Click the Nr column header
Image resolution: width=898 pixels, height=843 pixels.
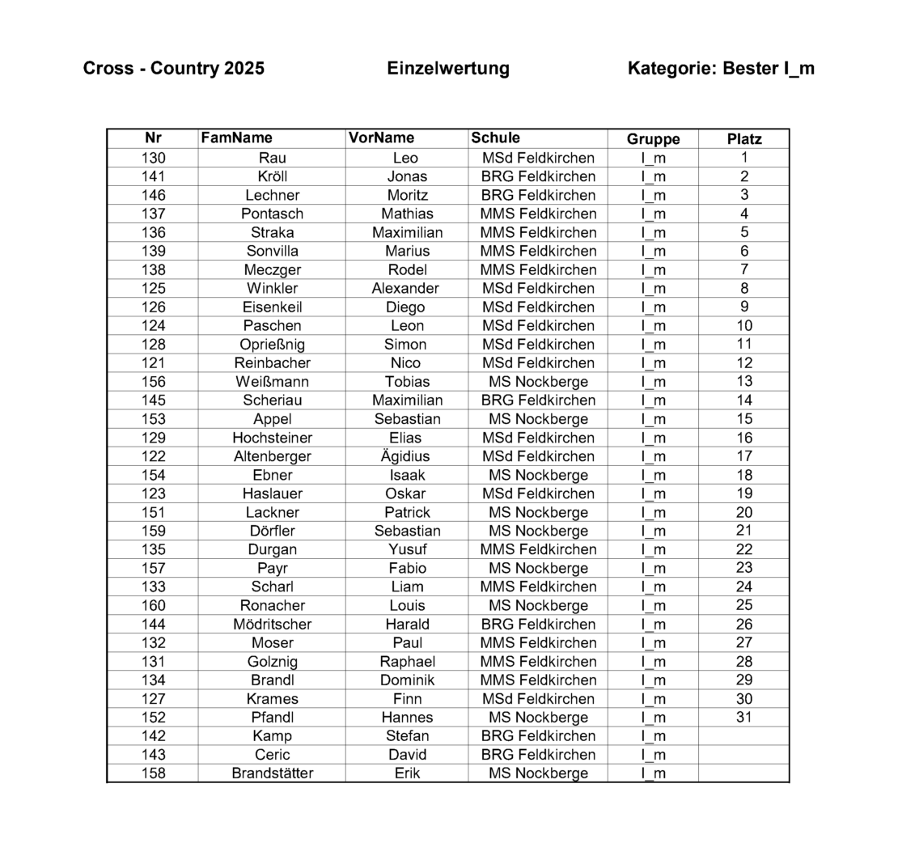[x=153, y=138]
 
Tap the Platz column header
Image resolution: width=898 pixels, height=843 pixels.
[x=744, y=139]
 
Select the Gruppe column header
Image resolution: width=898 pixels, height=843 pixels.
[x=653, y=139]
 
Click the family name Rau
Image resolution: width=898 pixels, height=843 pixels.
[x=272, y=158]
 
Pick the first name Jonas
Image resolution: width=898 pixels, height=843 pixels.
[x=407, y=176]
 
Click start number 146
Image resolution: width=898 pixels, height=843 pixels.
[x=153, y=195]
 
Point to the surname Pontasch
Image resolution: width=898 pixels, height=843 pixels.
[x=272, y=214]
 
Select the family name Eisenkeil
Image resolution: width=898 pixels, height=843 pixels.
[x=272, y=307]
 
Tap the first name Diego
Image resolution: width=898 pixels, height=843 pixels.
[x=407, y=307]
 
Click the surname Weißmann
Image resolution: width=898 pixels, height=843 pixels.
[x=272, y=381]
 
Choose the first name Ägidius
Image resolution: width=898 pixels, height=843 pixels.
[x=407, y=456]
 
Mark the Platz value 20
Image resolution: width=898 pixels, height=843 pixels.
[x=744, y=512]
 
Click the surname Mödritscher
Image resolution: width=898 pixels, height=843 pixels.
[x=272, y=624]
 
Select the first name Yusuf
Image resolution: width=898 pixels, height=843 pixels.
[x=407, y=549]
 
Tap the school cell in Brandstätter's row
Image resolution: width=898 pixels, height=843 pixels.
[x=538, y=773]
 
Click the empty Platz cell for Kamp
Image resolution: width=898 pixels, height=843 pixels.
[x=744, y=735]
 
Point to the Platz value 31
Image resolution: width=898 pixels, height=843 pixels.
[x=744, y=717]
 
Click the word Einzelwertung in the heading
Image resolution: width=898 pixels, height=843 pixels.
[x=448, y=68]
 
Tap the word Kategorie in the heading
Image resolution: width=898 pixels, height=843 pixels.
[x=670, y=68]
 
